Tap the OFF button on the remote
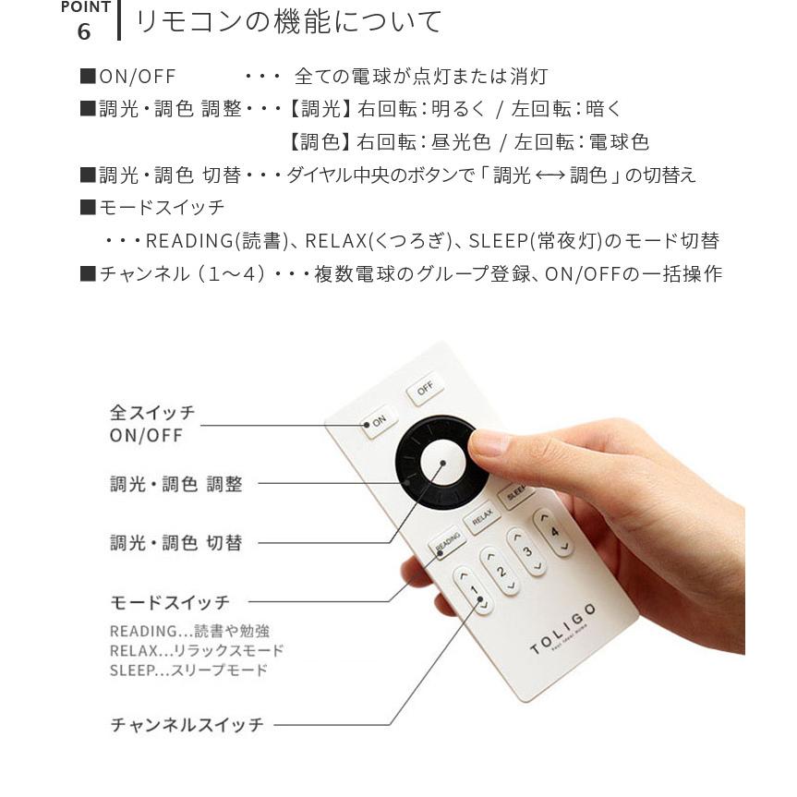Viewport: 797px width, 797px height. (x=424, y=390)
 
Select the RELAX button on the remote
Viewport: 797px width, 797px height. (x=481, y=519)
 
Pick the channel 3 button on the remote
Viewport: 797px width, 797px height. (x=528, y=551)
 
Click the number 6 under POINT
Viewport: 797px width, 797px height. (x=84, y=31)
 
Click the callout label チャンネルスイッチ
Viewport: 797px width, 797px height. (x=187, y=725)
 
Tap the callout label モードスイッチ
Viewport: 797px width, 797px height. (x=170, y=602)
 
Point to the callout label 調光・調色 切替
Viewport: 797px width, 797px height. (x=175, y=543)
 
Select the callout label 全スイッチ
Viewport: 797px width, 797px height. (x=152, y=412)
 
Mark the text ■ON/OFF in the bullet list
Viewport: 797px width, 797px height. (x=127, y=77)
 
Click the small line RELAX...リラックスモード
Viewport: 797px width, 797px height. (x=197, y=651)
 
